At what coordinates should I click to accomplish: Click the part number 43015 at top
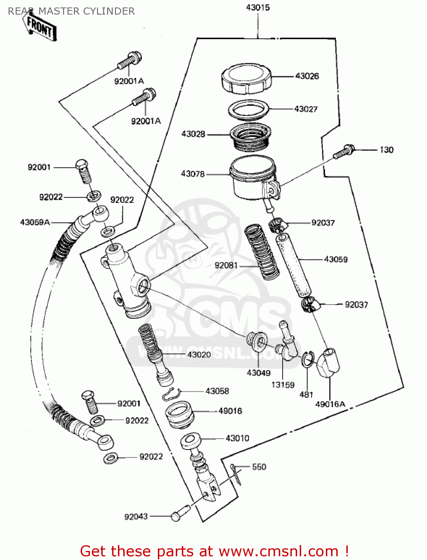[258, 7]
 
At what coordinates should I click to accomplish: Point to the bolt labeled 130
[344, 151]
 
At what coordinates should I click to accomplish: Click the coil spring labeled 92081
[262, 252]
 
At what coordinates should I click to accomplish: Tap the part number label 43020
[199, 355]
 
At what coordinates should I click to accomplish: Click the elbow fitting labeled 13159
[287, 343]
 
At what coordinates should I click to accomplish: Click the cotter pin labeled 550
[236, 475]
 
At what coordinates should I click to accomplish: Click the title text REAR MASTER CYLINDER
[71, 11]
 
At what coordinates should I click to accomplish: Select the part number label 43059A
[35, 223]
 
